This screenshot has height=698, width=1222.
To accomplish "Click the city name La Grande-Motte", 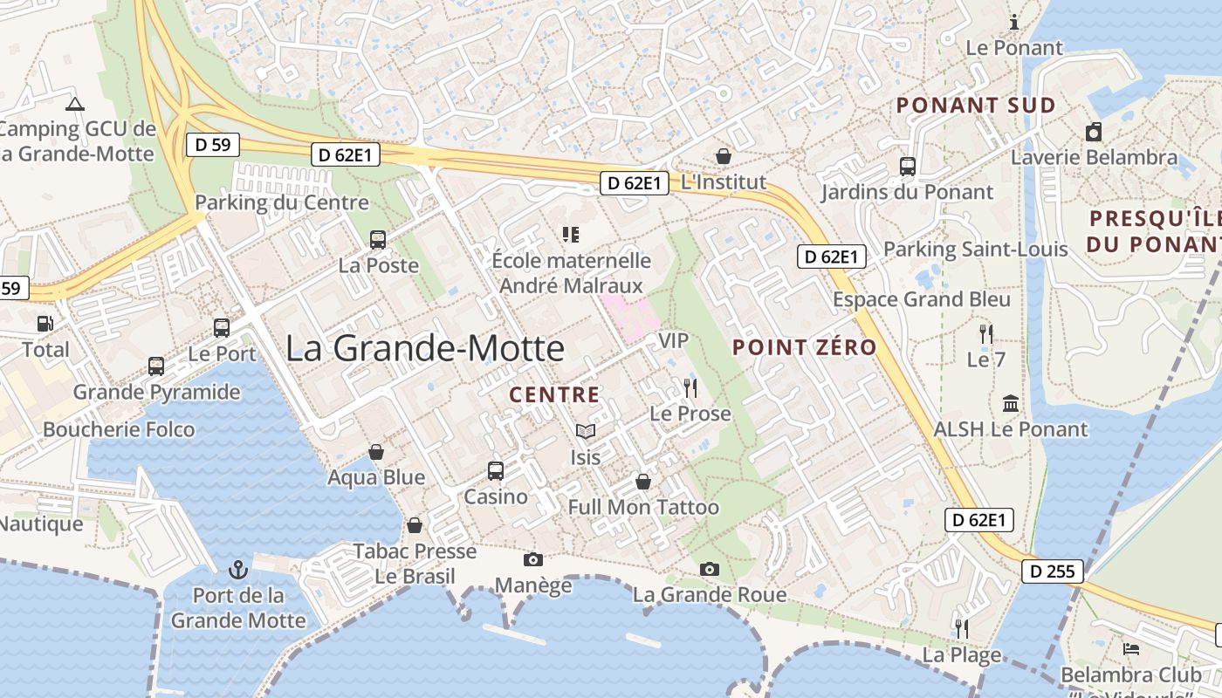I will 425,348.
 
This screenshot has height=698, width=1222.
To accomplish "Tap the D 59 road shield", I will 213,145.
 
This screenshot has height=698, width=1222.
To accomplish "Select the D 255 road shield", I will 1054,571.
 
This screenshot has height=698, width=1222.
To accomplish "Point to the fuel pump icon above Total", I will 45,324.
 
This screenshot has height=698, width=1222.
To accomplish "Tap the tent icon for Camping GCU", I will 75,105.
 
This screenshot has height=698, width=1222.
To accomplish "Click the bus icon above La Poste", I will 378,240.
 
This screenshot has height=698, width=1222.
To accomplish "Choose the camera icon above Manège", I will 532,559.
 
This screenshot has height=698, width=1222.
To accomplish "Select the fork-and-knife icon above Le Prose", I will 690,387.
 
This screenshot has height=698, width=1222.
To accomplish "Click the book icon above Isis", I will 585,431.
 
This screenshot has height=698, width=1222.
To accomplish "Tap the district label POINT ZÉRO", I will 804,347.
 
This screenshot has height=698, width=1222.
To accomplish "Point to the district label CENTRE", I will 554,394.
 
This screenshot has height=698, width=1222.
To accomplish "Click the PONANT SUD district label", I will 976,106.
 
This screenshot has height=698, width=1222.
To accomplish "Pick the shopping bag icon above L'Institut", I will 724,156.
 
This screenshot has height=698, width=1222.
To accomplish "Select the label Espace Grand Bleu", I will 922,299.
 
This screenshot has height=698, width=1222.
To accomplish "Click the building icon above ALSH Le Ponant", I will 1011,403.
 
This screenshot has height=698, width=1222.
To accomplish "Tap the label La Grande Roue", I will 710,595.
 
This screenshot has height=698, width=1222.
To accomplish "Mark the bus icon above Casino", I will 496,471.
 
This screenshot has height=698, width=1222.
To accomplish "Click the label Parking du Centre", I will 282,202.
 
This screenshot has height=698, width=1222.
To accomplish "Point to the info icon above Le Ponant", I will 1014,23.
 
